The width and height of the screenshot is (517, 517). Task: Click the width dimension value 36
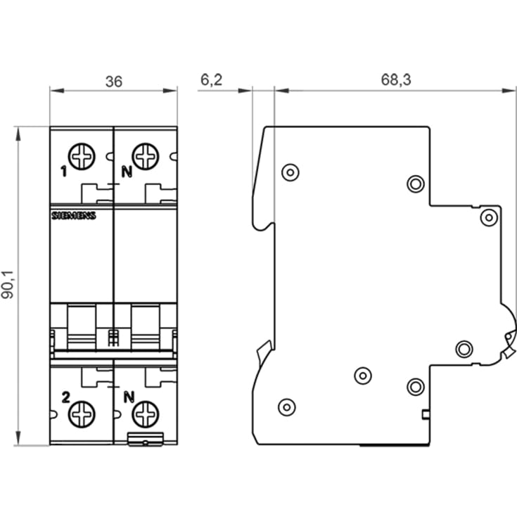[114, 82]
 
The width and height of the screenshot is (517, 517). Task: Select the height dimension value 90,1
[8, 286]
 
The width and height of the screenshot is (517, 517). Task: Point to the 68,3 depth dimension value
[396, 80]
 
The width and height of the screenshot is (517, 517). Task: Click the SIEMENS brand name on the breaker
[73, 216]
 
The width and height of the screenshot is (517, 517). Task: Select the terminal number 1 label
[63, 171]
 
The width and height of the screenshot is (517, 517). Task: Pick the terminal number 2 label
[65, 397]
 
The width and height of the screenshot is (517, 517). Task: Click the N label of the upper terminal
[127, 171]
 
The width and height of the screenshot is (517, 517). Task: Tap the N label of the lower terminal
[128, 397]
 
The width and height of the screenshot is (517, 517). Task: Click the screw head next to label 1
[82, 156]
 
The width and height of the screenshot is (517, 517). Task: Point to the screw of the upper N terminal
[146, 156]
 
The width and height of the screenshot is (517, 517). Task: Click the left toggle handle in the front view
[81, 326]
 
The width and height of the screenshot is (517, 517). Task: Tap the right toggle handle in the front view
[146, 326]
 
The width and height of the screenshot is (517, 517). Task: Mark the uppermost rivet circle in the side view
[289, 172]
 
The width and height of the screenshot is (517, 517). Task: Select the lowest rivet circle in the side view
[286, 407]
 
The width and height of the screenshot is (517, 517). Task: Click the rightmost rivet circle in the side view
[489, 217]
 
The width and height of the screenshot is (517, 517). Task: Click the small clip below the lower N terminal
[145, 441]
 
